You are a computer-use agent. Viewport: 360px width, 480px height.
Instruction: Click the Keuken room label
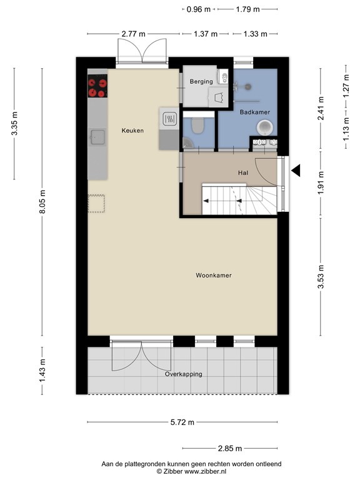(x=133, y=131)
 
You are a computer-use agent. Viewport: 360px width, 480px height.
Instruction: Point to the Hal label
(x=243, y=172)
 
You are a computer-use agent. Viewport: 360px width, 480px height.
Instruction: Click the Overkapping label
(x=185, y=374)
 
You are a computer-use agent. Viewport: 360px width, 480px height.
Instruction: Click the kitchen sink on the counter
(x=97, y=136)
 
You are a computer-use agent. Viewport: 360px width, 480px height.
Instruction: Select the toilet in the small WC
(x=197, y=126)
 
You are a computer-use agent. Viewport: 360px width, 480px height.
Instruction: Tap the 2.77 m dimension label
(x=134, y=34)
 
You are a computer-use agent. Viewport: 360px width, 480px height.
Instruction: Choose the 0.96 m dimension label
(x=199, y=9)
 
